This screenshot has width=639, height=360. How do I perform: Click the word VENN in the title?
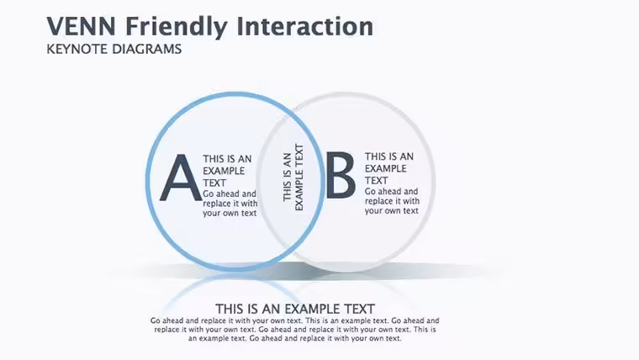coord(81,26)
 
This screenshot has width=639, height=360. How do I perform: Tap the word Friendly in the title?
coord(176,27)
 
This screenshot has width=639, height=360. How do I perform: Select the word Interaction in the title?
coord(304,26)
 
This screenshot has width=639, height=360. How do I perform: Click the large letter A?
coord(181,177)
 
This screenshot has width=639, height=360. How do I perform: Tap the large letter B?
coord(341,175)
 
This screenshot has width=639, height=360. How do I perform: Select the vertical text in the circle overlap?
coord(293,177)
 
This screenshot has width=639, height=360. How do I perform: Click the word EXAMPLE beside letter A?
coord(224,171)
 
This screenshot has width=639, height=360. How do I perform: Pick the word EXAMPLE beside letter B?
coord(386,168)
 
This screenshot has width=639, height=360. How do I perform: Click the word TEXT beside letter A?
coord(214,183)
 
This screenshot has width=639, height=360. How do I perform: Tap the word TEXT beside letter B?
coord(376,181)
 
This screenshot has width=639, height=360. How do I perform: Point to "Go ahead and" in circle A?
coord(230,193)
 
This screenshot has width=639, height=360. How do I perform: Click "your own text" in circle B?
coord(392,211)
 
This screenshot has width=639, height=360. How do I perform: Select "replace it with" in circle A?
coord(230,203)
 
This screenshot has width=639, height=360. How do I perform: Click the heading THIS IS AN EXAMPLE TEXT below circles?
coord(295,309)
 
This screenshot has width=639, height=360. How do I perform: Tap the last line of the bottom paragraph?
coord(294,338)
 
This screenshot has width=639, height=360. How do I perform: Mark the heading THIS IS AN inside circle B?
coord(389,156)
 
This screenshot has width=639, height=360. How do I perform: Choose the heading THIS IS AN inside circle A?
coord(227,159)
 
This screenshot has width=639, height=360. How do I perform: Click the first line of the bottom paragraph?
coord(294,320)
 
